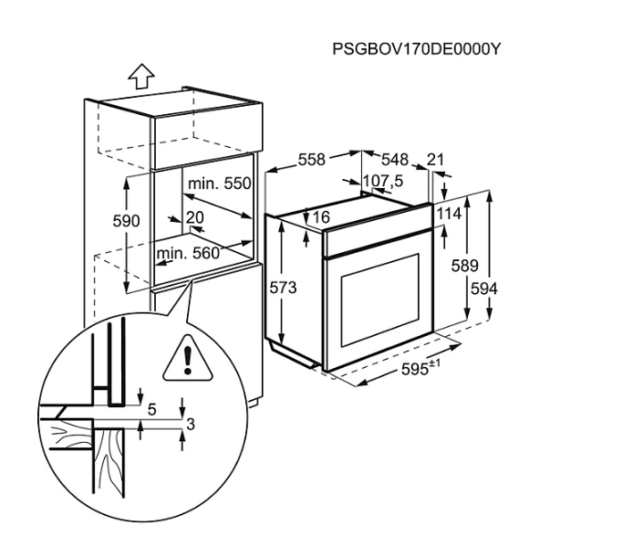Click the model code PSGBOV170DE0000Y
click(416, 49)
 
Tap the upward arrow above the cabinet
click(141, 76)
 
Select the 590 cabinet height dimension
click(127, 221)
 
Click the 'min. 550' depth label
click(219, 184)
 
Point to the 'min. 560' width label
click(188, 253)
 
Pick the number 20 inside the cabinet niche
click(194, 217)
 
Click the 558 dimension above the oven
click(312, 160)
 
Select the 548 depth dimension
click(395, 160)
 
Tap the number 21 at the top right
click(435, 160)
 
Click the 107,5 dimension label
click(383, 181)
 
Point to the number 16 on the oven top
click(321, 216)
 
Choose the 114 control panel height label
click(449, 214)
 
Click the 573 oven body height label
click(283, 288)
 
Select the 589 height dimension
click(464, 265)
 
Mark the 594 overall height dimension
click(484, 289)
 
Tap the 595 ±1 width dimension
click(421, 368)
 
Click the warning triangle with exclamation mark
click(188, 358)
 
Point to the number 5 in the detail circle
click(152, 410)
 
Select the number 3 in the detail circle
click(191, 425)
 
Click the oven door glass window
click(379, 300)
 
